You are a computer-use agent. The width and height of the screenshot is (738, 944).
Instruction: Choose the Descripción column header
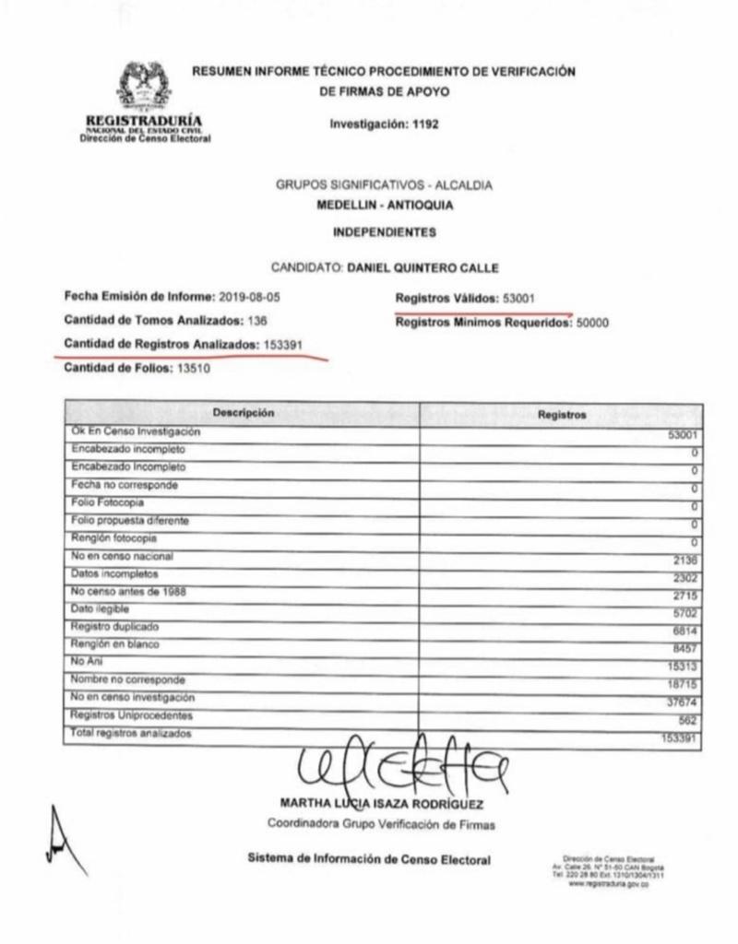pyautogui.click(x=244, y=413)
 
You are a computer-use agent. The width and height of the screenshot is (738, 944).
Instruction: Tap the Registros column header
pyautogui.click(x=561, y=415)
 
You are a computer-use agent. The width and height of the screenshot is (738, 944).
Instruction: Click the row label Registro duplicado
pyautogui.click(x=109, y=626)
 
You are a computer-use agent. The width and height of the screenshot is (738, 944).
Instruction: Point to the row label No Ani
pyautogui.click(x=84, y=661)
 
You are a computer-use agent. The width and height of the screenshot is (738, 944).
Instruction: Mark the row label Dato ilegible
pyautogui.click(x=100, y=608)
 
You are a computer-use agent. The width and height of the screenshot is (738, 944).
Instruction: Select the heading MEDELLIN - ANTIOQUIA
pyautogui.click(x=384, y=205)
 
